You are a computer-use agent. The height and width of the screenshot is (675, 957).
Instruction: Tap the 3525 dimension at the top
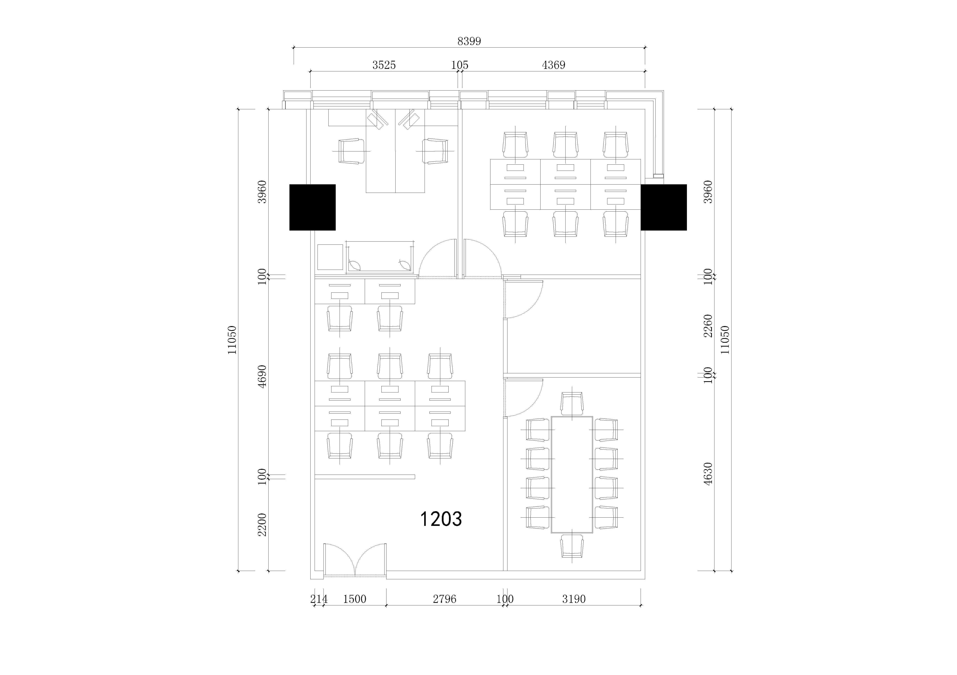(x=384, y=65)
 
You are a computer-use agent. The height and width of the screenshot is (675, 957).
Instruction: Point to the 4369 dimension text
(x=554, y=65)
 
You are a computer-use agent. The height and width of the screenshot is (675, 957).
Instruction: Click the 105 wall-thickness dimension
(x=460, y=65)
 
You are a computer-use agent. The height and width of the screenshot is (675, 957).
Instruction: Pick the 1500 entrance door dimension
(x=354, y=599)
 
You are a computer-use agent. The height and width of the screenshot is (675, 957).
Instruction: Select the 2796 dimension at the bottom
(x=444, y=599)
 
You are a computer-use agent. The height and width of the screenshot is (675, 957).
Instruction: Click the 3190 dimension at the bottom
(x=574, y=599)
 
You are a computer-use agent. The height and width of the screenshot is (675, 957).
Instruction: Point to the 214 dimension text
(x=319, y=599)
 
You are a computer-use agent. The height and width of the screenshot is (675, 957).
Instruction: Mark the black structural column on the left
(x=313, y=207)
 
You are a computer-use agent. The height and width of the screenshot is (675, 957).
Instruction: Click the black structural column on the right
(x=663, y=207)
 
